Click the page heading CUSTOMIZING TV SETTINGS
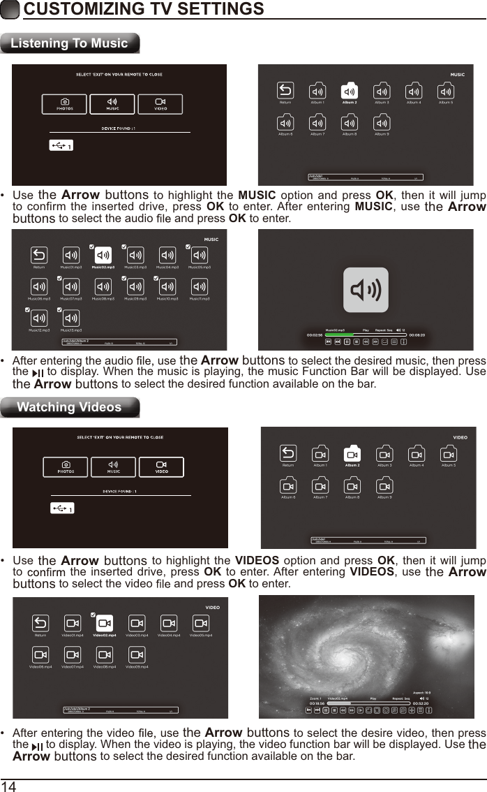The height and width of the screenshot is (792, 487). [x=144, y=9]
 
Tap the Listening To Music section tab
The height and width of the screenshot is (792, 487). [x=69, y=43]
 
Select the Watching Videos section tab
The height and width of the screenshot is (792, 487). [x=69, y=407]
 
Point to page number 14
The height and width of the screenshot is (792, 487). [x=8, y=786]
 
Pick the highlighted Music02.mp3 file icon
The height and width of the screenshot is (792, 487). [x=103, y=256]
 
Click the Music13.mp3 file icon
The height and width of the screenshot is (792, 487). [x=71, y=318]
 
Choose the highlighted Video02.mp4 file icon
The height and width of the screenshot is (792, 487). [x=105, y=624]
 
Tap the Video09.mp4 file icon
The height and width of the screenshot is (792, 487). [x=137, y=654]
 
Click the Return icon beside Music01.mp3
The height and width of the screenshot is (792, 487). [x=39, y=256]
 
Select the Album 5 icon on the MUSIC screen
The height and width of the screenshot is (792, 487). [x=446, y=91]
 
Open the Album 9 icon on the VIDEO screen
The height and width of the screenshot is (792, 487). [x=384, y=485]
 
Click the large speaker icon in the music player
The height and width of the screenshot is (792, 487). [x=366, y=290]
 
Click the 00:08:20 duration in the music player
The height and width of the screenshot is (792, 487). [x=417, y=335]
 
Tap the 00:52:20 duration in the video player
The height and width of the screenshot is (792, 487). [x=421, y=703]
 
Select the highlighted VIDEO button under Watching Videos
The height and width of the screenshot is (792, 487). [x=161, y=467]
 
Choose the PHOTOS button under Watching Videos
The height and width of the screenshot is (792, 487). [x=66, y=467]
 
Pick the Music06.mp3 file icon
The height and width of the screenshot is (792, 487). [x=39, y=286]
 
